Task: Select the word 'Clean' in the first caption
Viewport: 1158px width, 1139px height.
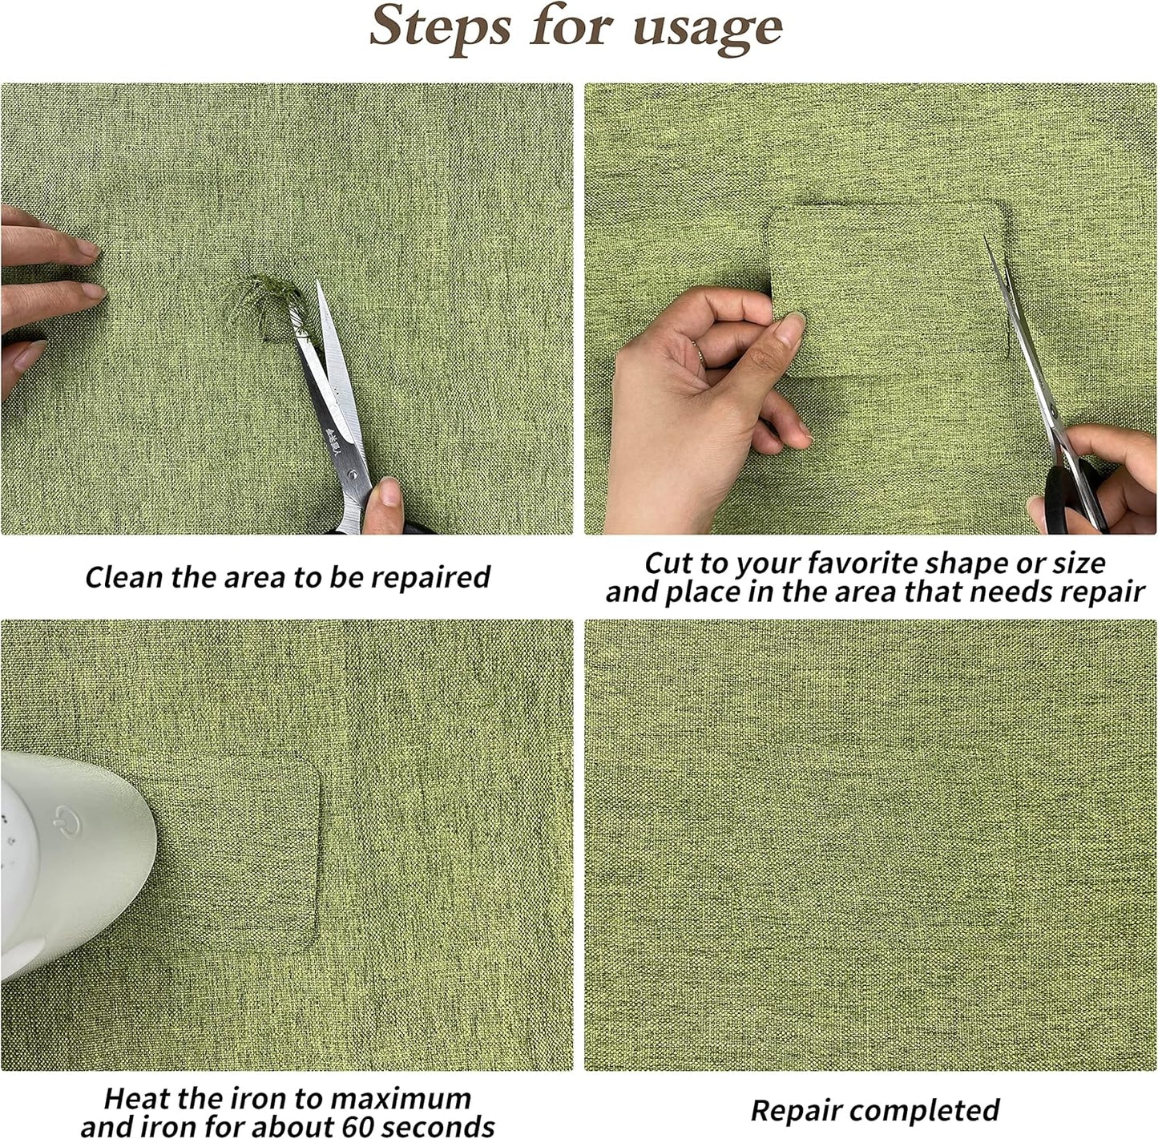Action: tap(124, 577)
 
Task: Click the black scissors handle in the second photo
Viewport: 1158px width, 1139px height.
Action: tap(1074, 497)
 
